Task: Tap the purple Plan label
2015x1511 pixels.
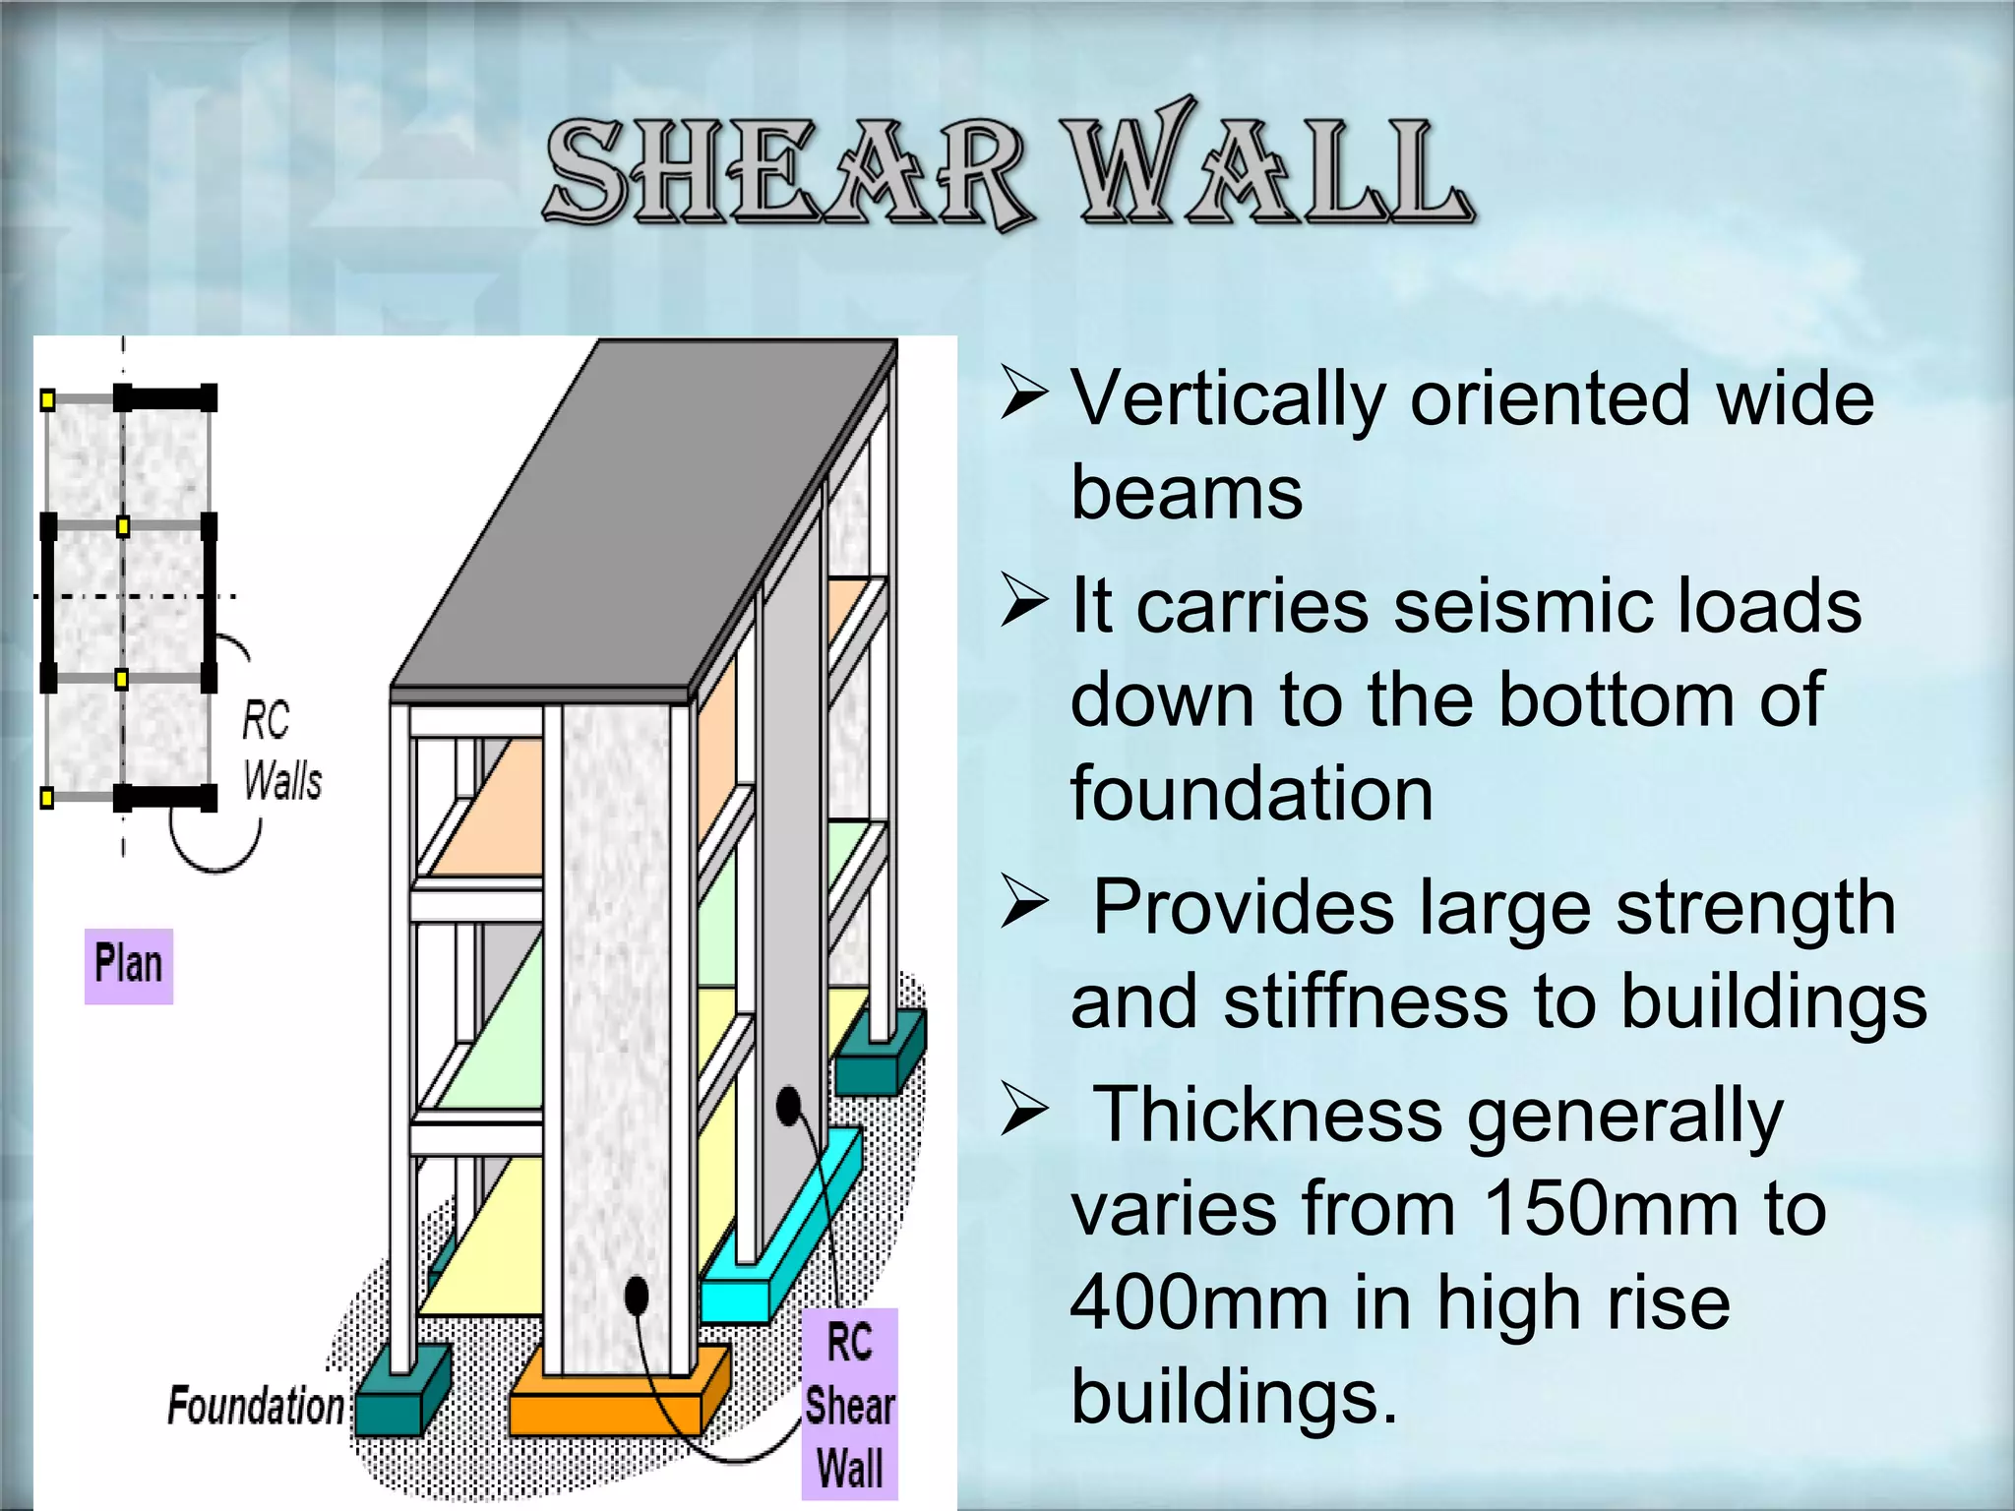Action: click(129, 965)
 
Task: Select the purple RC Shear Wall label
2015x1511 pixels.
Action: click(849, 1405)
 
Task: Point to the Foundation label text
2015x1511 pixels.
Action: click(256, 1405)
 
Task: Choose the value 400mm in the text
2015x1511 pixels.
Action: click(1199, 1302)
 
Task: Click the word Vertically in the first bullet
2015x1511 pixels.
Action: click(1229, 398)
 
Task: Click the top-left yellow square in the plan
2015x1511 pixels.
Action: click(47, 399)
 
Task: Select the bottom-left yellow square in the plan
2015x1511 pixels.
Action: click(47, 798)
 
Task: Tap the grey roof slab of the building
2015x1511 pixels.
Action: click(640, 521)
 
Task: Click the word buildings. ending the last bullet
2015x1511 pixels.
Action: click(1234, 1397)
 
